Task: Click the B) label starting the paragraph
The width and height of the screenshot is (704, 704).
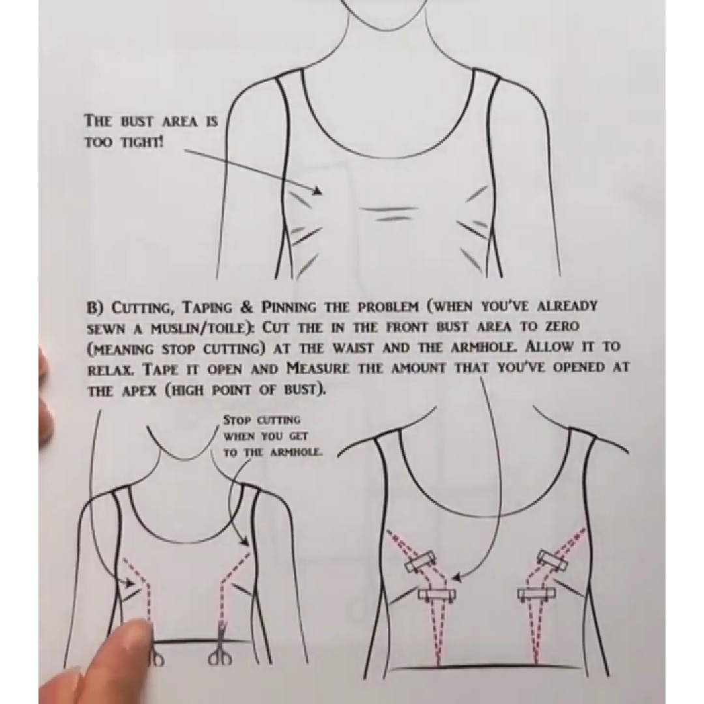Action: pyautogui.click(x=95, y=308)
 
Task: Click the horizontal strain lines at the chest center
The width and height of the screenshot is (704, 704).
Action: pyautogui.click(x=386, y=213)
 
